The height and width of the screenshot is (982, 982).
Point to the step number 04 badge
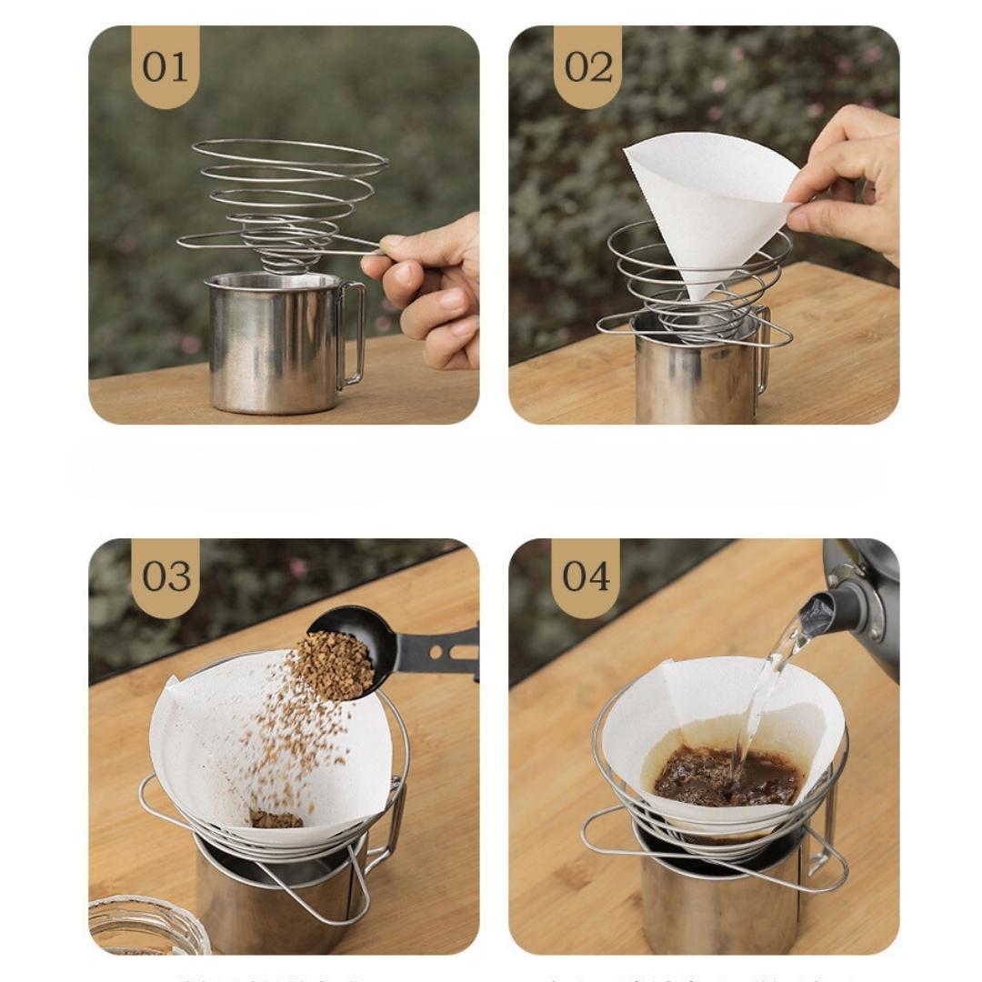pyautogui.click(x=586, y=576)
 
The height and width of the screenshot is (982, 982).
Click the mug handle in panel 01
pyautogui.click(x=353, y=332)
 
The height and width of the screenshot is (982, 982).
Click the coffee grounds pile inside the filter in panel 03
pyautogui.click(x=276, y=819)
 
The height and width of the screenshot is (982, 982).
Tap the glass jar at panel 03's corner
pyautogui.click(x=145, y=927)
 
